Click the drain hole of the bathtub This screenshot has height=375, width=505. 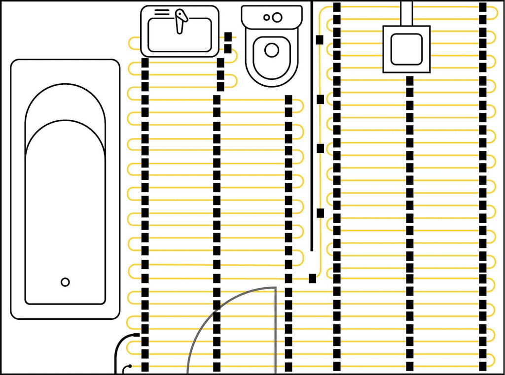pyautogui.click(x=65, y=282)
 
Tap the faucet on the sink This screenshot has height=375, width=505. pyautogui.click(x=181, y=20)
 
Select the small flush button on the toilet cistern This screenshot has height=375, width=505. pyautogui.click(x=267, y=17)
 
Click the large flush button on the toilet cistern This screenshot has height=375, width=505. pyautogui.click(x=277, y=17)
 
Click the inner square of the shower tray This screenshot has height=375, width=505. pyautogui.click(x=406, y=49)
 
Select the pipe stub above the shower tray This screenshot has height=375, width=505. pyautogui.click(x=406, y=13)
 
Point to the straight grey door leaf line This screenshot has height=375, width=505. pyautogui.click(x=275, y=330)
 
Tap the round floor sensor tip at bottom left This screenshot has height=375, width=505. pyautogui.click(x=129, y=367)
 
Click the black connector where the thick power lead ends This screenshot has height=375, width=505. pyautogui.click(x=137, y=335)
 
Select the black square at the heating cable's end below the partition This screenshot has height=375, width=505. pyautogui.click(x=312, y=278)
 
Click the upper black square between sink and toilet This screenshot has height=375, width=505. pyautogui.click(x=228, y=37)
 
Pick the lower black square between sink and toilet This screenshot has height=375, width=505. pyautogui.click(x=228, y=48)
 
